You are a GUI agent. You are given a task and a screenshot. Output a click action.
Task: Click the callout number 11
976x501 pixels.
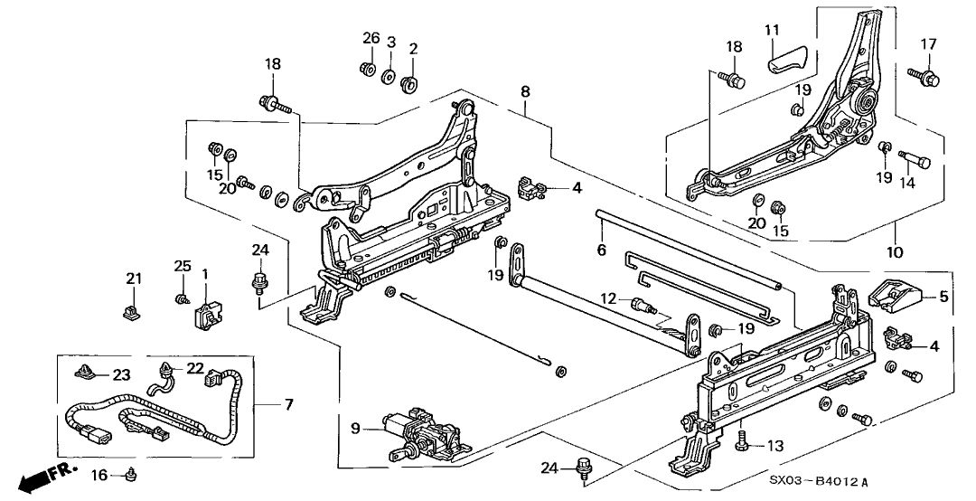[x=771, y=31]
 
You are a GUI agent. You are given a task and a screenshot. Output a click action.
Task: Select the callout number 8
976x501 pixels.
[x=526, y=90]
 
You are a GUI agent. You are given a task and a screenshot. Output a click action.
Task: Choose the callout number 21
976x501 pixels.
[x=134, y=279]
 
